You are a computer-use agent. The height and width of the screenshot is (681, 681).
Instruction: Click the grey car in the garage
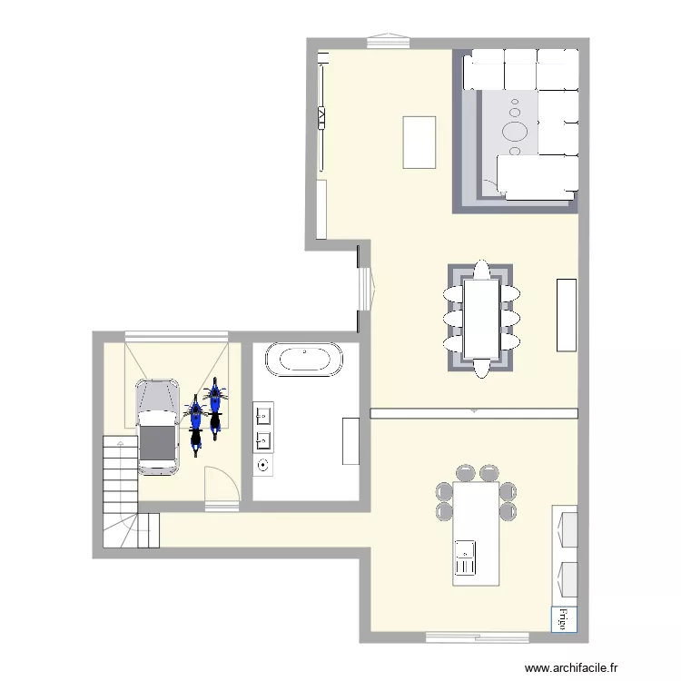(158, 425)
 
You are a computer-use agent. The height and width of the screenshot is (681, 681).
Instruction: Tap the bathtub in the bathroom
(306, 359)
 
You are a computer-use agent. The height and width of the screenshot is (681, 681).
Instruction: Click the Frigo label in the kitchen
(563, 619)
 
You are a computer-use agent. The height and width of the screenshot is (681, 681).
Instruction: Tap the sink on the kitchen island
(465, 556)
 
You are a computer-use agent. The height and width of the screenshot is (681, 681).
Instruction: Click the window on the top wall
(389, 41)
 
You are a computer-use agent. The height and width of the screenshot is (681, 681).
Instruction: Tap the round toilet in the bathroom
(263, 466)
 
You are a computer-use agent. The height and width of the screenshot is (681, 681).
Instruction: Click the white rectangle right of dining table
(567, 314)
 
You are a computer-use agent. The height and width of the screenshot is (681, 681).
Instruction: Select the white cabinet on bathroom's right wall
(350, 441)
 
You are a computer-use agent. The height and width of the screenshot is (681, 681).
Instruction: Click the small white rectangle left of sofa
(419, 142)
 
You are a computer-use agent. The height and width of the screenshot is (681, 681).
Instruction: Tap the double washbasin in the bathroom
(264, 429)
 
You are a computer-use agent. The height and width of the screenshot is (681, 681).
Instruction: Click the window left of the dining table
(365, 289)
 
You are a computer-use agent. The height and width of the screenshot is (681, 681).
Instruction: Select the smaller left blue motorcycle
(195, 424)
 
